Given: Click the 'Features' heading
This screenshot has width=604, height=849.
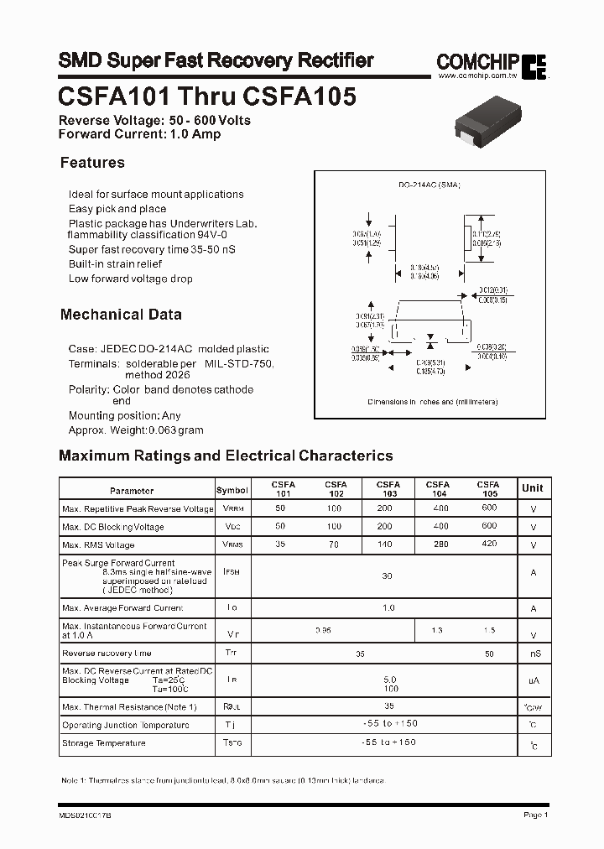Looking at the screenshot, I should click(92, 163).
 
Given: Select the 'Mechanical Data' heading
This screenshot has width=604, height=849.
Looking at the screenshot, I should click(121, 315).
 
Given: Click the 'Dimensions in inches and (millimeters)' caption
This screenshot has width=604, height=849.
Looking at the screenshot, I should click(433, 402).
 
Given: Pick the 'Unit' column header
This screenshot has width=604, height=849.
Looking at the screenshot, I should click(532, 488).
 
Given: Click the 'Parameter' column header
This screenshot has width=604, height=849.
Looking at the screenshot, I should click(132, 491).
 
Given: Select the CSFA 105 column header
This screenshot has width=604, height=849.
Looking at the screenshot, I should click(488, 489).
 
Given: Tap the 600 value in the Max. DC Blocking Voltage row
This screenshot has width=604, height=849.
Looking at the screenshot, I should click(489, 526).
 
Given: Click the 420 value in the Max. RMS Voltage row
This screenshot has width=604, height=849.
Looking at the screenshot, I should click(489, 545).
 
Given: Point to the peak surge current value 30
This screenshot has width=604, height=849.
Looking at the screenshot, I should click(387, 576).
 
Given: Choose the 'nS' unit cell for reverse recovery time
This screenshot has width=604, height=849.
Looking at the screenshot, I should click(534, 654).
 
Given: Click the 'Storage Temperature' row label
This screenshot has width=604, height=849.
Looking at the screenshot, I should click(104, 743).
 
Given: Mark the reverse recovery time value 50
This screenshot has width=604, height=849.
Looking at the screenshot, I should click(489, 653).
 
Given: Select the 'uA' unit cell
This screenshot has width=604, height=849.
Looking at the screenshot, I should click(534, 681).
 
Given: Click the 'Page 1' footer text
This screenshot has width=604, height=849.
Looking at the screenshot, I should click(535, 815).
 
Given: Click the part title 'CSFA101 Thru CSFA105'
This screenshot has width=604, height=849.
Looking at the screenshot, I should click(207, 96).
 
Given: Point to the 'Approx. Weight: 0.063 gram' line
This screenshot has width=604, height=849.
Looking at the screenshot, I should click(136, 430).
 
